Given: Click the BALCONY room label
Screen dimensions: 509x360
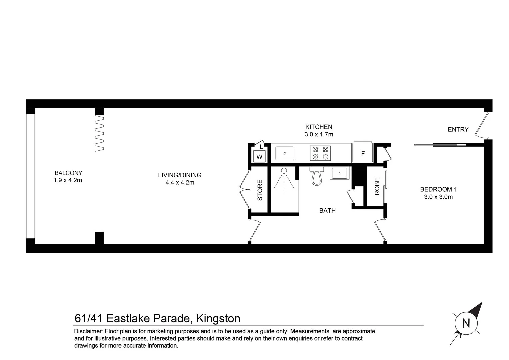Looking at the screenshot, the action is [68, 173].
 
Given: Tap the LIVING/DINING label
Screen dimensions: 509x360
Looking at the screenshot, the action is [180, 175].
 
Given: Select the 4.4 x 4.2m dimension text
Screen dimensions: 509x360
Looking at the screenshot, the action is [180, 183].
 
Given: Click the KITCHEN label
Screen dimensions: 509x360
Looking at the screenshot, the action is [319, 127].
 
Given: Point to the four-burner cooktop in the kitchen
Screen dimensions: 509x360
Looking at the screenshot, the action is [320, 153].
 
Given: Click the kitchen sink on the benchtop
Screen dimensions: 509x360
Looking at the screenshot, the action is [285, 153].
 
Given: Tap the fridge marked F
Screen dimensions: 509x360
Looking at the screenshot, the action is [363, 154].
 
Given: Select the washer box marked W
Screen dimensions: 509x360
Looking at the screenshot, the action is [260, 156].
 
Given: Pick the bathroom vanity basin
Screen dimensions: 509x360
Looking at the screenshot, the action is [339, 173].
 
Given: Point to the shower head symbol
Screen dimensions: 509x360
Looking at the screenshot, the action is [284, 171].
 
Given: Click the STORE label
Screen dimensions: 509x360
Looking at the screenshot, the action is [260, 190].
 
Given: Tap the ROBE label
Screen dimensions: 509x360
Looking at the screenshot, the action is [377, 187].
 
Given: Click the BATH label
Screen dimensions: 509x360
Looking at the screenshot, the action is [327, 211].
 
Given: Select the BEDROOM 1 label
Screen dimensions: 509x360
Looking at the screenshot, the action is [438, 189].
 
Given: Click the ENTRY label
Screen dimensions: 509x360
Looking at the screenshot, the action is [458, 130].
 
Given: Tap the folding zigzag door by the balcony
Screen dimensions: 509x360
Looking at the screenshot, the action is [99, 133].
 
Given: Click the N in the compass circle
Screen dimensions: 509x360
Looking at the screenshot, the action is [466, 323].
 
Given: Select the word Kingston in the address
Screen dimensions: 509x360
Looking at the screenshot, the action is [218, 318].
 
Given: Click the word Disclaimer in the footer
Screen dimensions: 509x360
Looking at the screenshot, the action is [88, 331].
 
